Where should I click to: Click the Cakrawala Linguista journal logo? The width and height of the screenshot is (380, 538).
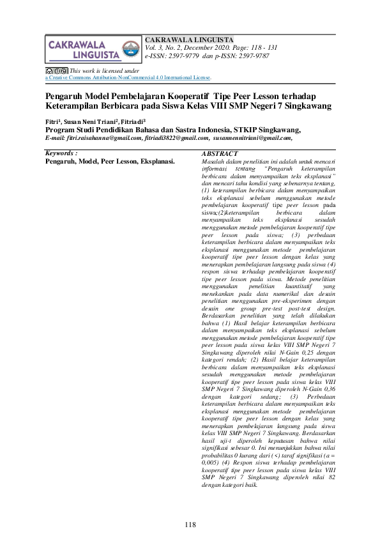point(92,49)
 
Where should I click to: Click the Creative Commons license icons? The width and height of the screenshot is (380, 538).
point(56,70)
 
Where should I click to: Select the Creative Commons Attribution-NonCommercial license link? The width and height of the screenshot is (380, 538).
point(128,77)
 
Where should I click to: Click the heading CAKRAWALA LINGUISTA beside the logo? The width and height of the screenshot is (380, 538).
point(190,39)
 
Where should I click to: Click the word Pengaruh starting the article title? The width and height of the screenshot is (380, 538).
point(67,95)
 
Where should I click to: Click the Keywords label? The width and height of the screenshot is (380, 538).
point(62,154)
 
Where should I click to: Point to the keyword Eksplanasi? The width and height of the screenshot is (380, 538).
point(156,162)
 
